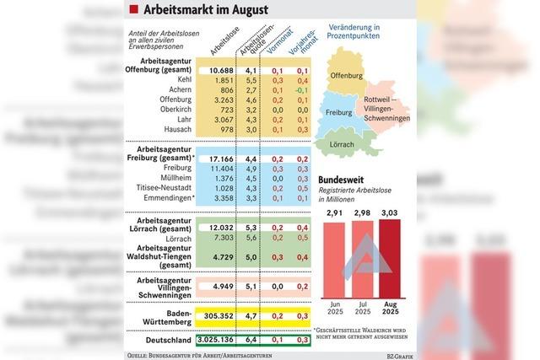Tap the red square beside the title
coord(133,10)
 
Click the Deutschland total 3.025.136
coord(214,341)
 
